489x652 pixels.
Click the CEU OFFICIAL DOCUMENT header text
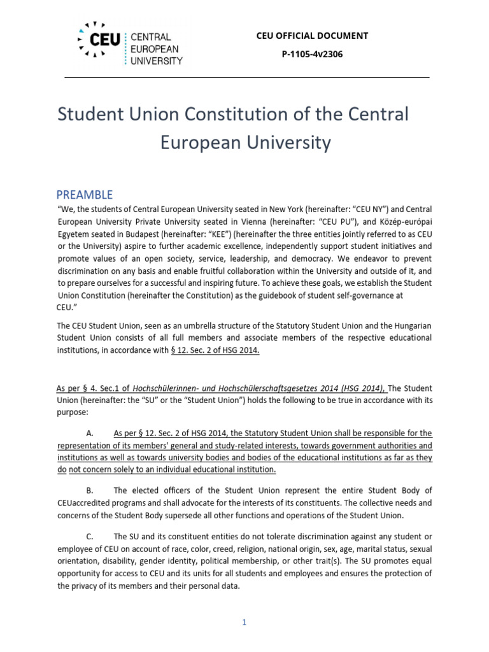point(312,36)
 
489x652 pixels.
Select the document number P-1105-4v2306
point(312,54)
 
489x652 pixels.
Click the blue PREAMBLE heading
point(85,194)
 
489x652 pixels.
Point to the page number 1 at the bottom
point(244,622)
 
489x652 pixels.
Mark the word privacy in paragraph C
point(83,586)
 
